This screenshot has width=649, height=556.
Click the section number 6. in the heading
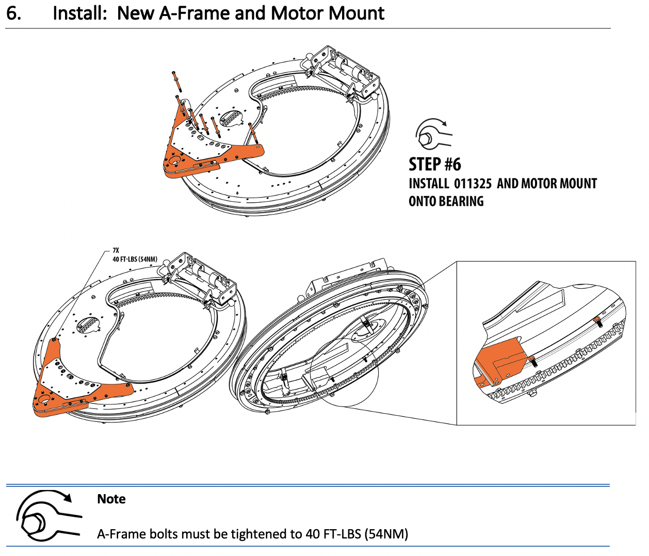[14, 13]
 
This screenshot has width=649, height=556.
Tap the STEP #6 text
[434, 165]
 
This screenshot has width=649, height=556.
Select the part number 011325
[473, 184]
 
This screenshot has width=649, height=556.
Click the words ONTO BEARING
[446, 202]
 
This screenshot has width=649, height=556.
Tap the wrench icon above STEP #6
[432, 134]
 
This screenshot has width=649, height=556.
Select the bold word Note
[111, 499]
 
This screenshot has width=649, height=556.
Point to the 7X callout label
[116, 251]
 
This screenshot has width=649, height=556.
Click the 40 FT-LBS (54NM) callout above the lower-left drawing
[135, 259]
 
